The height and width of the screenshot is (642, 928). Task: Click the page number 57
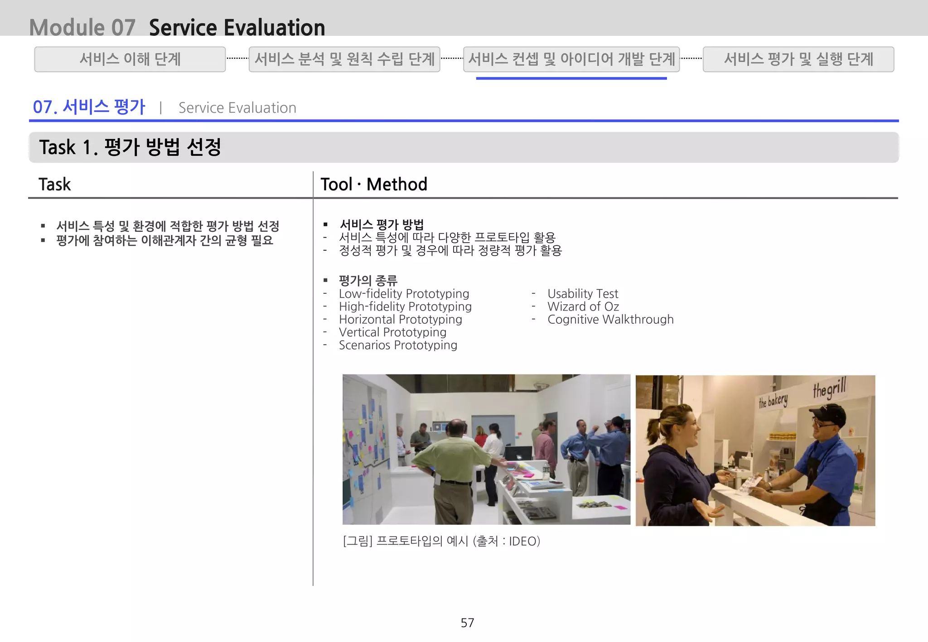click(467, 623)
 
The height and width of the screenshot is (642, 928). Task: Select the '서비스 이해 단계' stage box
click(130, 59)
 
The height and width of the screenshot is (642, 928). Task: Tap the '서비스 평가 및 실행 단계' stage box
click(798, 59)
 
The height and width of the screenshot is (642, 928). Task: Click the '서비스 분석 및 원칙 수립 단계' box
click(344, 59)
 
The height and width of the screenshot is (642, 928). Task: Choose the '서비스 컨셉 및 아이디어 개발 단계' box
click(571, 59)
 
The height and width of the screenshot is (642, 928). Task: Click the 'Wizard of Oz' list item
click(583, 307)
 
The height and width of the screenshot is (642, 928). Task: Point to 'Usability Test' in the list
click(582, 294)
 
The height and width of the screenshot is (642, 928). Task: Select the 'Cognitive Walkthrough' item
click(610, 320)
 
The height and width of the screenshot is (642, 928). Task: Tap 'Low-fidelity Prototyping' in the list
click(404, 294)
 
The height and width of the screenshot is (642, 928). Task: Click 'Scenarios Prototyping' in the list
click(398, 345)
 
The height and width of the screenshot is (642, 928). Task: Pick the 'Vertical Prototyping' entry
click(392, 332)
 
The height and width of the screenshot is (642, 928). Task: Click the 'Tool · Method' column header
click(374, 184)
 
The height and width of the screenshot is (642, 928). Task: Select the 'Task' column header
click(55, 184)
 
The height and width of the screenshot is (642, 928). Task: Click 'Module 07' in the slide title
click(82, 27)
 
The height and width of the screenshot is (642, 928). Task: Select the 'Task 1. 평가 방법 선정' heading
click(130, 147)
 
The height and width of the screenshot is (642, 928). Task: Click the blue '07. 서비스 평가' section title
click(89, 107)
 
